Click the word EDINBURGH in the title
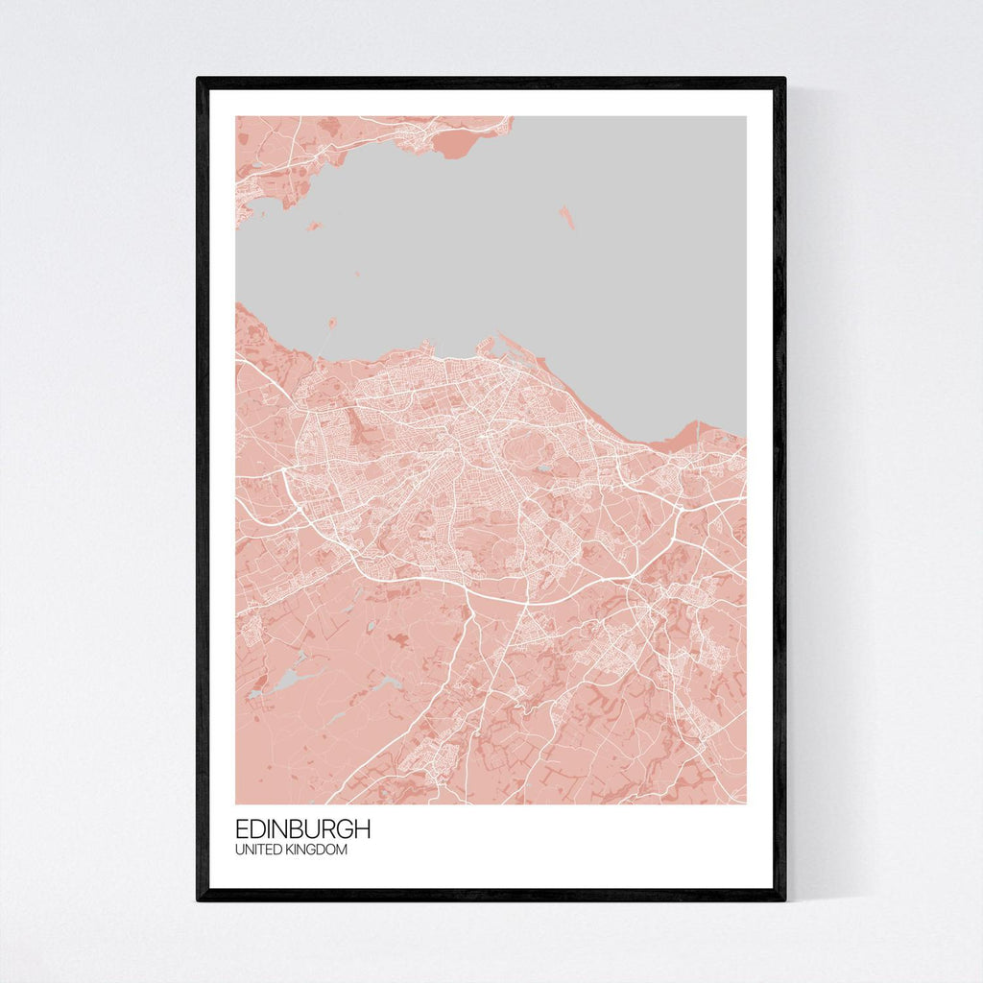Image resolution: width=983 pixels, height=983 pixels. pyautogui.click(x=302, y=829)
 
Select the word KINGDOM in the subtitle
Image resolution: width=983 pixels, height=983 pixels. pyautogui.click(x=318, y=851)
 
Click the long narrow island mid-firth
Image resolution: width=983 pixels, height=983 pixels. pyautogui.click(x=567, y=217)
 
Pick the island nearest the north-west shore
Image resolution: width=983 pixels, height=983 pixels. pyautogui.click(x=314, y=227)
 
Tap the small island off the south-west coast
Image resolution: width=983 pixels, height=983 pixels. pyautogui.click(x=331, y=323)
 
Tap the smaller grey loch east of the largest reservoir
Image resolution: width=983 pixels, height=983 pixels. pyautogui.click(x=389, y=682)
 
